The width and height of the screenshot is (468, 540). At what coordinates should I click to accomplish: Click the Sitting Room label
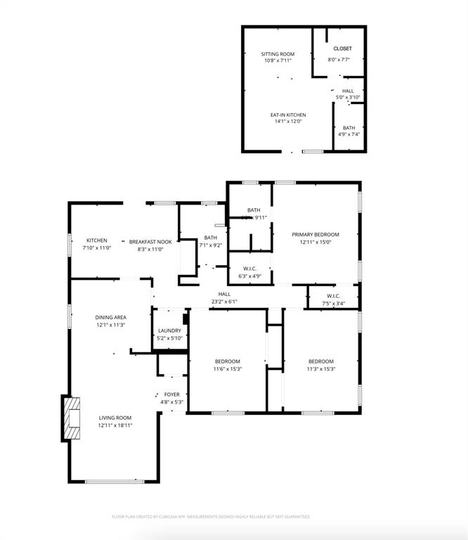tap(277, 54)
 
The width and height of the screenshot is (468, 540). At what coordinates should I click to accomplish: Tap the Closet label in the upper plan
tap(343, 49)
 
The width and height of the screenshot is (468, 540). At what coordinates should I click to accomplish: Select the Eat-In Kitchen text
tap(288, 115)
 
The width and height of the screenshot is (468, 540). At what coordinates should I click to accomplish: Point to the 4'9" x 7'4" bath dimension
tap(349, 134)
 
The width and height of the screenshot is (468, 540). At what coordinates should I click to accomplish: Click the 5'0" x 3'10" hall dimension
tap(348, 97)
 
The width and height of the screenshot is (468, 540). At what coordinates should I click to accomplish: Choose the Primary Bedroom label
tap(316, 235)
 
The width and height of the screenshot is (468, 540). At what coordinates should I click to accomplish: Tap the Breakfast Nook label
tap(150, 242)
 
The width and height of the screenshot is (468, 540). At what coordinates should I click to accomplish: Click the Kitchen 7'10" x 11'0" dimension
tap(97, 248)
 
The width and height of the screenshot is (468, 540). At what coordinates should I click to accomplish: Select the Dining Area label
tap(111, 318)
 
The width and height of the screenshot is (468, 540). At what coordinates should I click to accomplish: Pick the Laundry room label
tap(170, 331)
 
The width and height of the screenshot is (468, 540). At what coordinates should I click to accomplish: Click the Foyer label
tap(171, 395)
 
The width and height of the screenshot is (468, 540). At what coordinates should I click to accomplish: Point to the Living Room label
tap(115, 418)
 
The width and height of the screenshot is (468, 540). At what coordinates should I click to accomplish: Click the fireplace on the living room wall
tap(72, 419)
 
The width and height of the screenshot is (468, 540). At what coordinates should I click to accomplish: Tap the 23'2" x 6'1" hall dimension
tap(224, 302)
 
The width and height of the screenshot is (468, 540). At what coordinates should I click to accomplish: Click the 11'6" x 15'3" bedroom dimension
tap(227, 369)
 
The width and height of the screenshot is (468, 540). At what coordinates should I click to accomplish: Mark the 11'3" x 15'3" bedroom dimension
tap(320, 369)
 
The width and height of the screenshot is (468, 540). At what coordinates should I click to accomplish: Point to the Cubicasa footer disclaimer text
tap(211, 517)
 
